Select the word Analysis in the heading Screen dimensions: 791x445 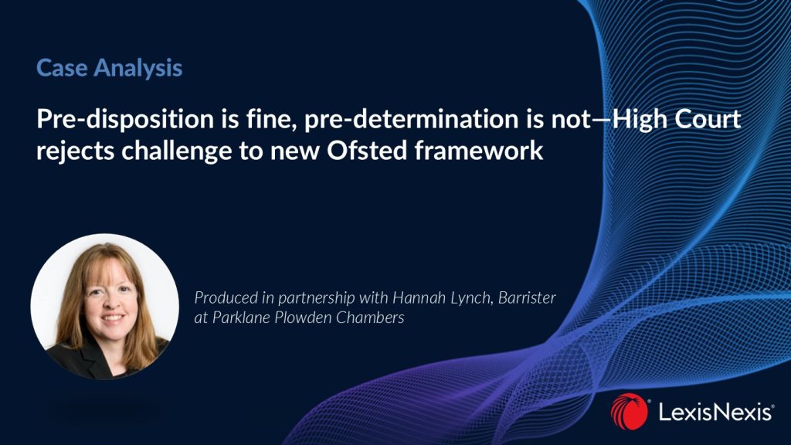(137, 69)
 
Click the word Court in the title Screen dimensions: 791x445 (708, 119)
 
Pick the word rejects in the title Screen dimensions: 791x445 (75, 151)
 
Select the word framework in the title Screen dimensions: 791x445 (479, 151)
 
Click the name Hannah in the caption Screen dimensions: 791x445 (414, 297)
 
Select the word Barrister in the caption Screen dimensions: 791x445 (527, 297)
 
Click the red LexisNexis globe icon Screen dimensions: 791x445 (629, 411)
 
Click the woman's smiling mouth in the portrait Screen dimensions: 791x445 (113, 318)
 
